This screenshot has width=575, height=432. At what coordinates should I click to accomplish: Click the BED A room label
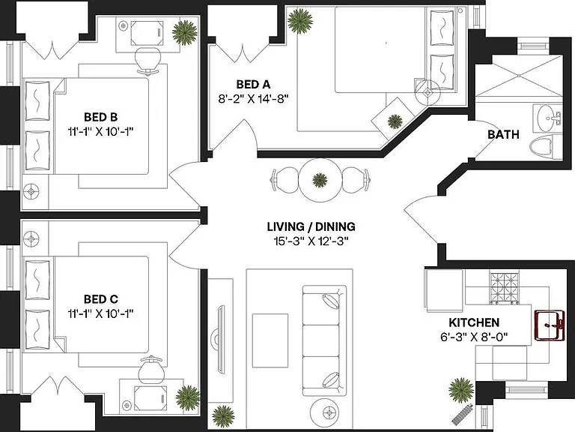[x=253, y=85]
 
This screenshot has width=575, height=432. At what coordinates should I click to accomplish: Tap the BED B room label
[x=101, y=117]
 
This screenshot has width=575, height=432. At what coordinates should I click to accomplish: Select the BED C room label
[x=101, y=299]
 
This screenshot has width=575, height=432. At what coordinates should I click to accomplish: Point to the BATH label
[x=503, y=134]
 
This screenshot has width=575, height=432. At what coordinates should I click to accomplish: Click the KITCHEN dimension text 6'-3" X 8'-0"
[x=474, y=337]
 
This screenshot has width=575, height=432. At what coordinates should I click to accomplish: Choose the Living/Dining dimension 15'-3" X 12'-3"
[x=311, y=241]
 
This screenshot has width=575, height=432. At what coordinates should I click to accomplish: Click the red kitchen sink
[x=549, y=325]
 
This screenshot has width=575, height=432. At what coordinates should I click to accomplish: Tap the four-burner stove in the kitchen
[x=505, y=288]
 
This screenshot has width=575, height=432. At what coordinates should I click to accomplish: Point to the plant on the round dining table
[x=320, y=180]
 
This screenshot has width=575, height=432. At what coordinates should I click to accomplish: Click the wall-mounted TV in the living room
[x=220, y=339]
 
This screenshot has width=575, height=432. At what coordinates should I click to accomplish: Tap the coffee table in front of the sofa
[x=270, y=340]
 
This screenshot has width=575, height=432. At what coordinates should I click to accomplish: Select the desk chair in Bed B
[x=147, y=60]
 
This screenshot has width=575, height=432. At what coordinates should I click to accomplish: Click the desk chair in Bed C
[x=150, y=370]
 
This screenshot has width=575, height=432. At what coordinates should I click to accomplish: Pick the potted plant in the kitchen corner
[x=461, y=390]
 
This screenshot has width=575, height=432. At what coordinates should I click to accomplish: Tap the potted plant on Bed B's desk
[x=185, y=32]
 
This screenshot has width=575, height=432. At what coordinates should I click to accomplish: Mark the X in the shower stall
[x=519, y=76]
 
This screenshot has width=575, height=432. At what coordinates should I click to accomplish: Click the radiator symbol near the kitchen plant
[x=462, y=414]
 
